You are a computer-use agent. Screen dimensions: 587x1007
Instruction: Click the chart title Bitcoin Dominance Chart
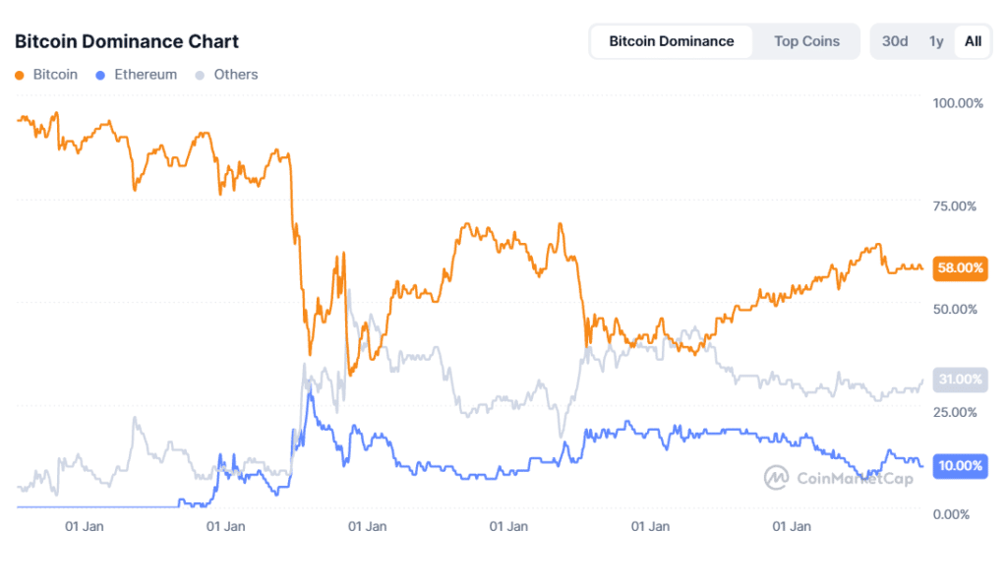(126, 41)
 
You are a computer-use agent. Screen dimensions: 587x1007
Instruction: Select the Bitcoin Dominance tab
(671, 41)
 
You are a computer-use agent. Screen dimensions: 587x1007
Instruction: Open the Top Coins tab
(806, 41)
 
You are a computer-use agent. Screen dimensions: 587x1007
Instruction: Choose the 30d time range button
(895, 41)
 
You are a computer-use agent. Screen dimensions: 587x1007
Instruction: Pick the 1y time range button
(936, 41)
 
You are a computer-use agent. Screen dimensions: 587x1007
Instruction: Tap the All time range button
(973, 41)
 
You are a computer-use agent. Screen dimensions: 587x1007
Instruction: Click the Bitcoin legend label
(55, 74)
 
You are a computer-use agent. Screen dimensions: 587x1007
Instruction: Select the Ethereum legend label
(146, 74)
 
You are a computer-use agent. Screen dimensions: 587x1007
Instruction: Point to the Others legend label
(236, 74)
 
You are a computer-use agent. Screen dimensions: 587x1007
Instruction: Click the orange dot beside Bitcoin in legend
(21, 75)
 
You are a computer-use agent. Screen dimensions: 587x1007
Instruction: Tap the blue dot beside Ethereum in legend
(101, 75)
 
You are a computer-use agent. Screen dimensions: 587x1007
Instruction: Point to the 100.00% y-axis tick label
(956, 103)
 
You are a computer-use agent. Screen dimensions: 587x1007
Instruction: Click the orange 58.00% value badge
(961, 267)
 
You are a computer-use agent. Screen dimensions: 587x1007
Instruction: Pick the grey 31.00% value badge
(961, 380)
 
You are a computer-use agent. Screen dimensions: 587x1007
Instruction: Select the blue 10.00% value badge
(961, 465)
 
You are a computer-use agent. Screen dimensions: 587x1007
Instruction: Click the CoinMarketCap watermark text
(855, 479)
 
